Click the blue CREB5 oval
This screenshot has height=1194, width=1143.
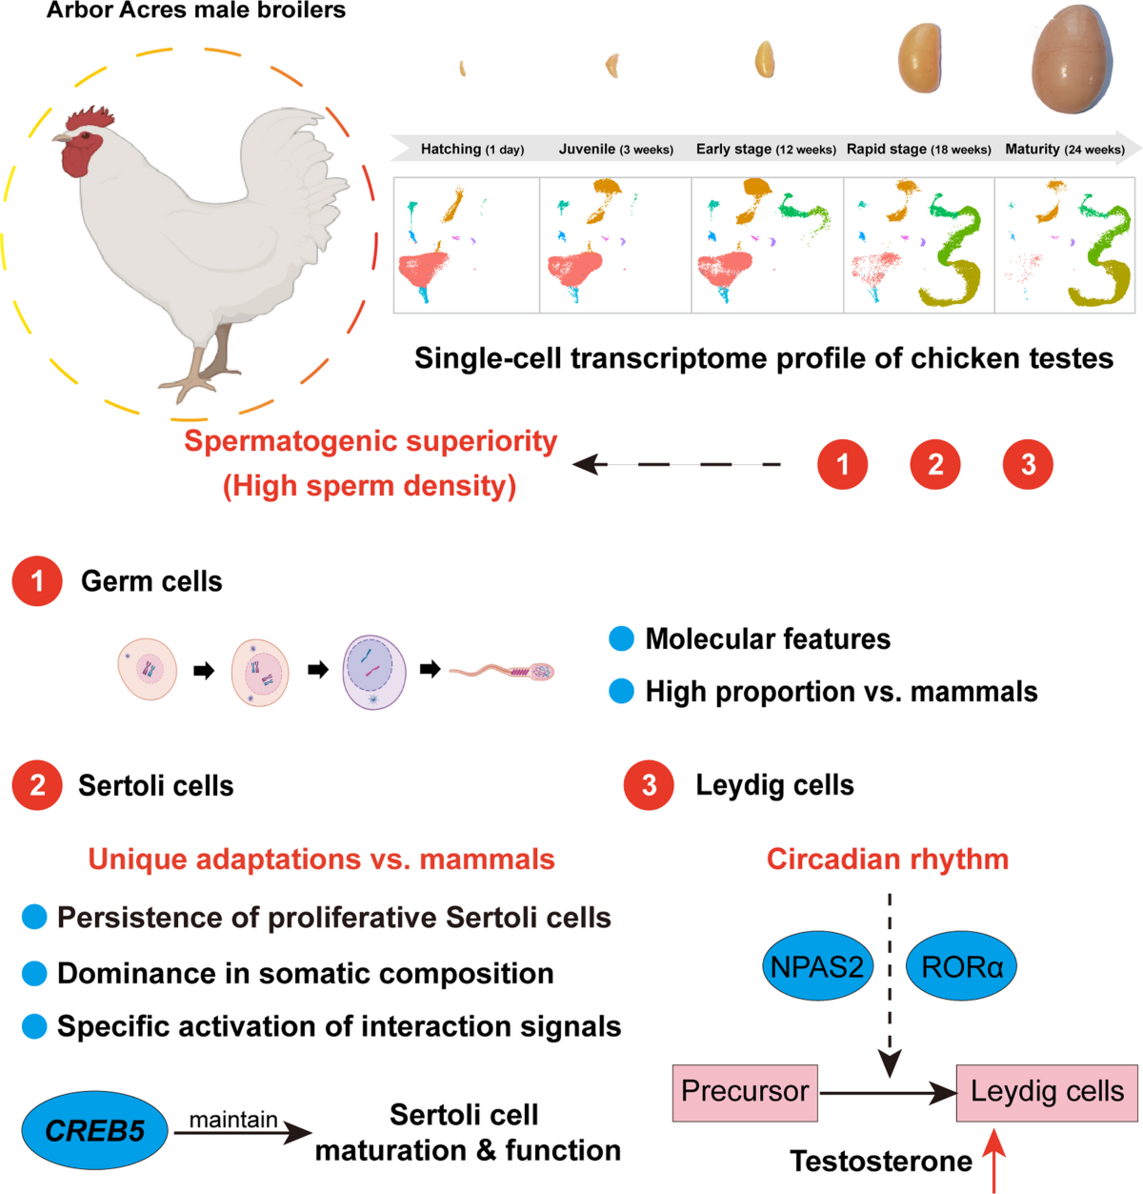click(x=94, y=1129)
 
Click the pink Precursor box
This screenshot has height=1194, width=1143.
click(x=745, y=1093)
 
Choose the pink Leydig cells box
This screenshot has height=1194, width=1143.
click(x=1047, y=1093)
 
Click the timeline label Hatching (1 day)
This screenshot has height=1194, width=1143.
click(x=472, y=149)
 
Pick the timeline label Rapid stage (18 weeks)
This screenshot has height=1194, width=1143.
click(x=918, y=149)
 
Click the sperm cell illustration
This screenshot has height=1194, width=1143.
click(x=502, y=671)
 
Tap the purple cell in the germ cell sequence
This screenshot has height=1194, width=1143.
click(x=374, y=672)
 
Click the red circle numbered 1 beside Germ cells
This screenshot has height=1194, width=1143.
click(x=37, y=581)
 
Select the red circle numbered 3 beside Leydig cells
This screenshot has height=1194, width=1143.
click(x=649, y=785)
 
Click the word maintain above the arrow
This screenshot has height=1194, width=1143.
click(x=233, y=1120)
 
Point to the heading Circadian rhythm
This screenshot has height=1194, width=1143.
click(x=888, y=859)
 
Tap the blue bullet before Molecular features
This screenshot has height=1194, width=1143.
click(x=621, y=638)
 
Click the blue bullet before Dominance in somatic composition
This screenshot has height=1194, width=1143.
click(x=34, y=973)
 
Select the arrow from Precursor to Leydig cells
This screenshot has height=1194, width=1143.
click(x=888, y=1093)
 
